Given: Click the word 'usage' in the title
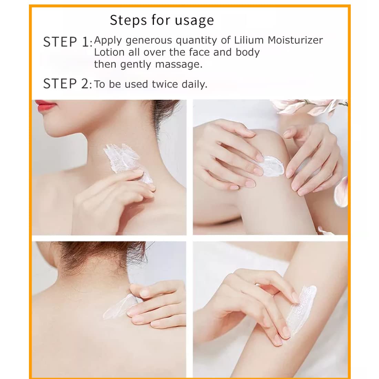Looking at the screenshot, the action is click(x=194, y=21).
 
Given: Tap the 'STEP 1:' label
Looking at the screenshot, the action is click(x=68, y=42).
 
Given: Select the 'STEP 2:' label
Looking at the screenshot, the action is click(x=68, y=84).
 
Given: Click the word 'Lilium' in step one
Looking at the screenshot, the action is click(x=249, y=40).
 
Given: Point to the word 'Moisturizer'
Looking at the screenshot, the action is click(x=295, y=40).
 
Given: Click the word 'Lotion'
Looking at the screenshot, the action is click(x=109, y=52).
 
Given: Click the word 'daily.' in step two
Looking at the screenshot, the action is click(x=195, y=84).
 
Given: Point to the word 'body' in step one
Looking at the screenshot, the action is click(x=248, y=52).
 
